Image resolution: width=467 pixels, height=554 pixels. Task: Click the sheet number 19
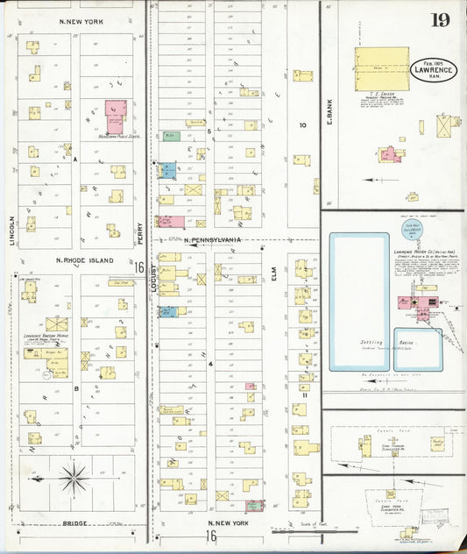[x=440, y=19]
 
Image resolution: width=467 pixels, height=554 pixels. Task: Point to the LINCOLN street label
[x=13, y=230]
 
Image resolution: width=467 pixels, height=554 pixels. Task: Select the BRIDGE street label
[x=74, y=523]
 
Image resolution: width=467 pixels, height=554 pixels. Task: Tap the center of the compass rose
[x=74, y=479]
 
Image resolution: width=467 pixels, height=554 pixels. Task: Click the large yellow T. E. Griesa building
[x=382, y=69]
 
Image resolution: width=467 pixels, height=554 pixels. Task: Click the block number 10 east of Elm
[x=302, y=125]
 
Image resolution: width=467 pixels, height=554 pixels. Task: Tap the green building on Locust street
[x=171, y=137]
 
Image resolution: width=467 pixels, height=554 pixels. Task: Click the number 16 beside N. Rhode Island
[x=138, y=266]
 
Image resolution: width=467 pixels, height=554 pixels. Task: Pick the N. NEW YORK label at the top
[x=79, y=20]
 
